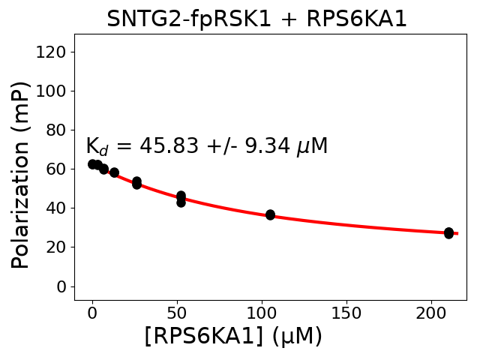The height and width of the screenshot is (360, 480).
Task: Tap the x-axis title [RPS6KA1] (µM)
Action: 232,336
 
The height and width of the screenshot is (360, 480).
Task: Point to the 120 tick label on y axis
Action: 52,52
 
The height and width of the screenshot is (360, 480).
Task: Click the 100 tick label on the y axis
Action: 52,91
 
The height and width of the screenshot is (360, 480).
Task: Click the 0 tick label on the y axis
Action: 61,286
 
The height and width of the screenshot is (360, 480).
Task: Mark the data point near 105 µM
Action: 270,214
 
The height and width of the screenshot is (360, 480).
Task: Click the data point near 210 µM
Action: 448,233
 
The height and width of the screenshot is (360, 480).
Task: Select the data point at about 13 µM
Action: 114,172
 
